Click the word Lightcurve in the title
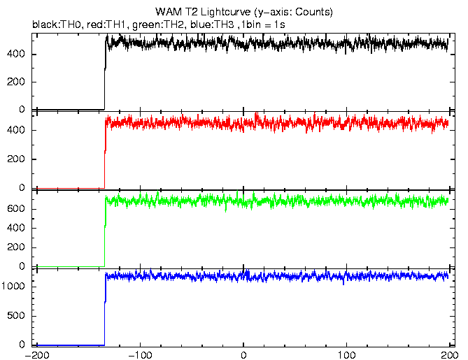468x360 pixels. [x=225, y=12]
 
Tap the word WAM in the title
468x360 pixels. [x=168, y=12]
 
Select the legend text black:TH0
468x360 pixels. [x=57, y=24]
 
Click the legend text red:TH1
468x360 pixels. [x=106, y=24]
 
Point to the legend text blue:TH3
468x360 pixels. [x=212, y=24]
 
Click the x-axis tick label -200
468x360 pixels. [x=37, y=355]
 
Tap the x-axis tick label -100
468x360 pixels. [x=140, y=355]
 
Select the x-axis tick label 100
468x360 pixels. [x=347, y=355]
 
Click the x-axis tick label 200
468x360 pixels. [x=449, y=355]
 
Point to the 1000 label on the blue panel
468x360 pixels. [x=13, y=287]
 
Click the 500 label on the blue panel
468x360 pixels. [x=16, y=315]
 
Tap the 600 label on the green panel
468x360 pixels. [x=16, y=209]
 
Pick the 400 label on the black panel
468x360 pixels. [x=16, y=55]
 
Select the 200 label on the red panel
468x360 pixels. [x=16, y=159]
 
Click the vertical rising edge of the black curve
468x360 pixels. [x=105, y=75]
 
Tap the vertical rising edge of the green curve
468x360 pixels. [x=105, y=231]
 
